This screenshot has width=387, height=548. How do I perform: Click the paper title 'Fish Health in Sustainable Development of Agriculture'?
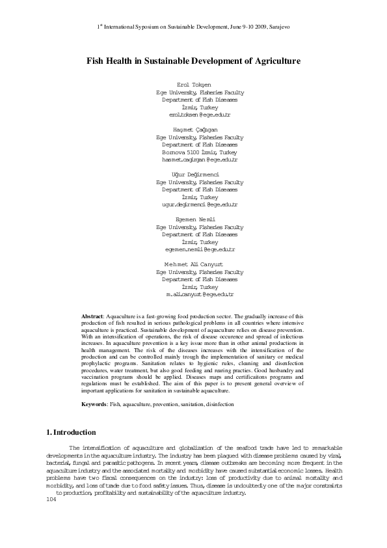tap(193, 61)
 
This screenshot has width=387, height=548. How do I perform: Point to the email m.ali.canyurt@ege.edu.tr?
tap(199, 294)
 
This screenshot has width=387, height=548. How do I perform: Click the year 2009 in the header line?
tap(255, 28)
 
